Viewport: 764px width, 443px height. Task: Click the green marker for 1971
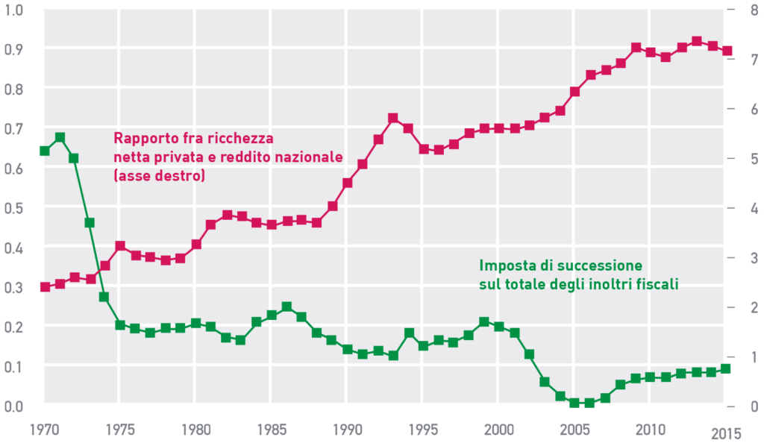(x=60, y=137)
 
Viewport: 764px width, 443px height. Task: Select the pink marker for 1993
(x=392, y=119)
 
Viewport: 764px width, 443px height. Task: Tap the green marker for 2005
(x=574, y=403)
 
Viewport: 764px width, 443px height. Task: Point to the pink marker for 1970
(x=44, y=286)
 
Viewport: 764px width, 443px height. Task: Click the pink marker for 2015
(x=727, y=51)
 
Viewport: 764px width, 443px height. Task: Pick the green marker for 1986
(x=286, y=307)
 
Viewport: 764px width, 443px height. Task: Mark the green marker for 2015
(x=727, y=368)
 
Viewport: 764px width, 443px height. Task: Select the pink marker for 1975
(x=120, y=246)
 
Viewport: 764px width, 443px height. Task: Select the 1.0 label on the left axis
(x=14, y=10)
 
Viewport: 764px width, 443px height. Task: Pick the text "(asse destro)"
(x=159, y=177)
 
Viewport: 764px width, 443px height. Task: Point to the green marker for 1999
(x=483, y=322)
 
